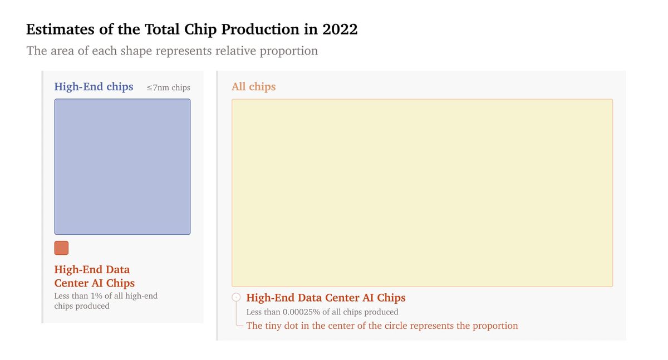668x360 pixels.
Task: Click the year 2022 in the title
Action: (x=340, y=29)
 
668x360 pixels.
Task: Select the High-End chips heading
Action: (x=94, y=87)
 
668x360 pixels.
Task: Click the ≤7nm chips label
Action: (x=168, y=87)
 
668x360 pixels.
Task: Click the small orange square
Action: (x=61, y=248)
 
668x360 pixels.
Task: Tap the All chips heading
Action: (x=253, y=87)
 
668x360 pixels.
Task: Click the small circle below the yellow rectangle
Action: (x=236, y=298)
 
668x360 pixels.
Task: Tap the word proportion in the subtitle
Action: (x=290, y=51)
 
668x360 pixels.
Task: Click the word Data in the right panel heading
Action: (x=312, y=298)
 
